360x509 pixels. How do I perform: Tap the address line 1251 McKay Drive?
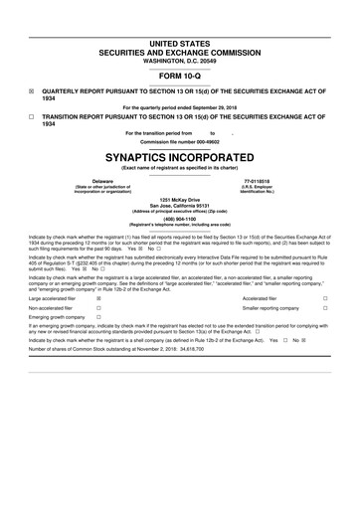[x=179, y=201]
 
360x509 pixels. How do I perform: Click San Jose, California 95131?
[x=179, y=207]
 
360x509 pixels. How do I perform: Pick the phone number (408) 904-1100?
[x=179, y=221]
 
